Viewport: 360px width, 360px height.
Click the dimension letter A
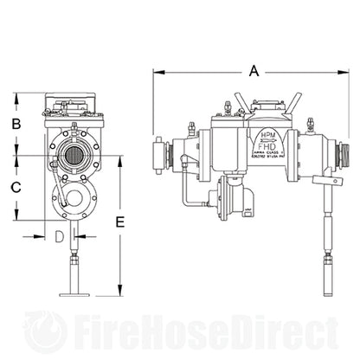tap(253, 74)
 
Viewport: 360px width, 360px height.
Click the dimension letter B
tap(16, 125)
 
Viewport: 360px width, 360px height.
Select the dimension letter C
tap(16, 186)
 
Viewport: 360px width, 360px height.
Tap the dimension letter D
tap(60, 235)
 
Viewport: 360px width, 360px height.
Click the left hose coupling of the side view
tap(160, 155)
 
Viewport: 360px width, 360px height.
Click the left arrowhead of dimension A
tap(156, 74)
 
